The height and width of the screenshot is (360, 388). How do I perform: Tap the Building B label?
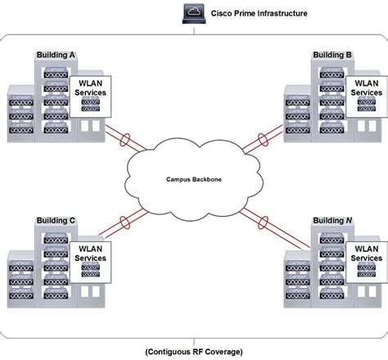point(332,54)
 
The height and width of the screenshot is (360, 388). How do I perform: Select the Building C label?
point(56,220)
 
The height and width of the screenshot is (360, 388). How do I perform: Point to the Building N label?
point(332,220)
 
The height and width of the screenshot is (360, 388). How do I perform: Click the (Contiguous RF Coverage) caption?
point(195,351)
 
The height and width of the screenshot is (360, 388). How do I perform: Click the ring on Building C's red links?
point(126,221)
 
